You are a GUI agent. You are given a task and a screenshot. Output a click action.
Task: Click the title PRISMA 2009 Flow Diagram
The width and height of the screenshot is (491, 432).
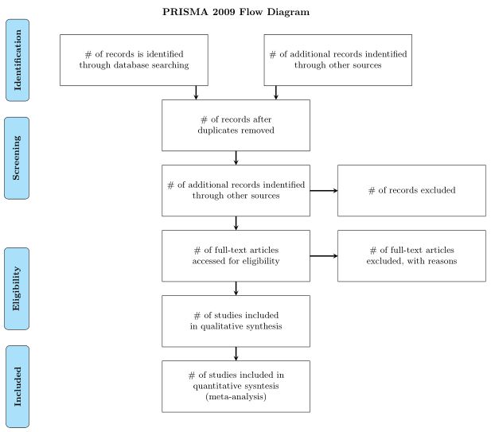coord(236,12)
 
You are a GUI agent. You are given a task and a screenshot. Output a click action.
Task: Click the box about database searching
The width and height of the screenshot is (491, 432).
coord(134,60)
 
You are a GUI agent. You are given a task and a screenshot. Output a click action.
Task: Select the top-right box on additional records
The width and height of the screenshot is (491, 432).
coord(337,60)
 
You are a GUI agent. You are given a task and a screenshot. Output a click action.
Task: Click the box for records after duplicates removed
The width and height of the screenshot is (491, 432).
coord(236,125)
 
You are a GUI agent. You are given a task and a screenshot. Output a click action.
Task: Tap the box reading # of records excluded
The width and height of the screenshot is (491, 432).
coord(411,190)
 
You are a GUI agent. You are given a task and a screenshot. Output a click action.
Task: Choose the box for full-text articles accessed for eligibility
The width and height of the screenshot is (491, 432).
coord(236,255)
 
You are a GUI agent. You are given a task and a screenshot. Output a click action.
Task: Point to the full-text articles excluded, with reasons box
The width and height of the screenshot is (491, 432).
coord(411,255)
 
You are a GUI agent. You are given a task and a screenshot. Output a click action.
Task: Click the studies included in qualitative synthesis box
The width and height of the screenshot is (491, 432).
coord(236,321)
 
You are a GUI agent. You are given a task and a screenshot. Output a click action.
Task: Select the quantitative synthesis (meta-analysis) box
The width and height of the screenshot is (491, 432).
coord(236,386)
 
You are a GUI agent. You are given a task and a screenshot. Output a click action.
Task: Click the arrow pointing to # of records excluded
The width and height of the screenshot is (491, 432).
coord(323,190)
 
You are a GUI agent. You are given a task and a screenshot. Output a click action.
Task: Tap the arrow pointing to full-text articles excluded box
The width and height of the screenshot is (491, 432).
coord(323,255)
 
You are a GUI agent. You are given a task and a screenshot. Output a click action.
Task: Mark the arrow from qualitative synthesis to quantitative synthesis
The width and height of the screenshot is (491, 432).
coord(236,353)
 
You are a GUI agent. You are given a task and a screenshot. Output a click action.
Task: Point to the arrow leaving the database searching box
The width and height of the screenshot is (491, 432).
coord(196,92)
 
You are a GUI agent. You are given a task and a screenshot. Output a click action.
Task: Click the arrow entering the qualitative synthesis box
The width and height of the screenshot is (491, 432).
coord(236,288)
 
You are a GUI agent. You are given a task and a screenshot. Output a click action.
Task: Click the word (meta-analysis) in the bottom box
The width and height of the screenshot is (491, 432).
coord(236,396)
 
